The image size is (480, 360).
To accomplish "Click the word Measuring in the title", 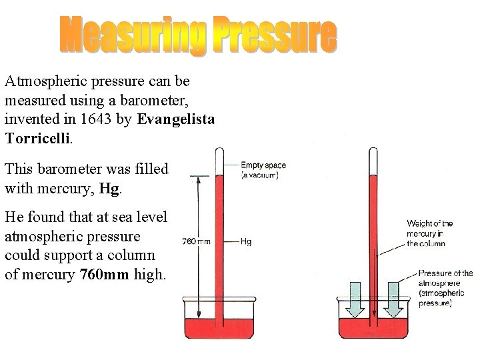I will click(x=132, y=37).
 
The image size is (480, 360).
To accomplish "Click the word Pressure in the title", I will click(x=275, y=37).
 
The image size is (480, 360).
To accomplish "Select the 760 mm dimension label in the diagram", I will click(x=196, y=241).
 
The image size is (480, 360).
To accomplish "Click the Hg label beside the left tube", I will click(x=245, y=241).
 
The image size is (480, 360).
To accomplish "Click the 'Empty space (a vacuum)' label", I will click(x=259, y=170).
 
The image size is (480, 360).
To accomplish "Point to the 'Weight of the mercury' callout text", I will click(x=430, y=233).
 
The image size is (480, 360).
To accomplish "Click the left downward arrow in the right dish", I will click(x=354, y=299).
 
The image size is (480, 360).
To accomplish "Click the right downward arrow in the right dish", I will click(x=393, y=299).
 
